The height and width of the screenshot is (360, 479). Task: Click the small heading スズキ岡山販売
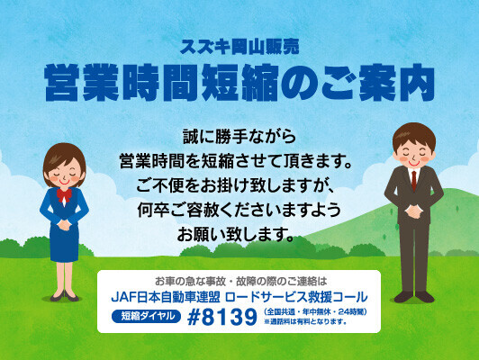pos(239,48)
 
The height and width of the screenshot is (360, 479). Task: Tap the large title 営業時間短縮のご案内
pos(239,83)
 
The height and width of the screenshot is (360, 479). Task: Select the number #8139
pos(222,318)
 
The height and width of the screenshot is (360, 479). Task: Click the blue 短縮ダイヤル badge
pos(147,316)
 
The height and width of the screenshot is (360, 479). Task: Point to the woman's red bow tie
pos(64,193)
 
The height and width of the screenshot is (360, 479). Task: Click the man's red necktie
pos(414,180)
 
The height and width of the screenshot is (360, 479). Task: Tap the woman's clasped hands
pos(65,225)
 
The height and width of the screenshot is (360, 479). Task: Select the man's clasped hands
pos(414,211)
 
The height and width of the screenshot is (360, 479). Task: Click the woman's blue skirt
pos(64,244)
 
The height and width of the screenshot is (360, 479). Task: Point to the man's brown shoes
pos(414,296)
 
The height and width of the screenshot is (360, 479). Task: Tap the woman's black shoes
pos(65,295)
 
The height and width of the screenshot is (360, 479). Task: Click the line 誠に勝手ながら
pos(239,137)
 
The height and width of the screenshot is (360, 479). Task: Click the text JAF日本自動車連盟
pos(166,297)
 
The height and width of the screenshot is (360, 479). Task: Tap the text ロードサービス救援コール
pos(295,297)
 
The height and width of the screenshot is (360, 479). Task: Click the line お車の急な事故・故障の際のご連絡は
pos(241,281)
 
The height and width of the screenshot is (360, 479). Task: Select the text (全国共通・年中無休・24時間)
pos(315,312)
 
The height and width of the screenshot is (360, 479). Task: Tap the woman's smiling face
pos(65,175)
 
